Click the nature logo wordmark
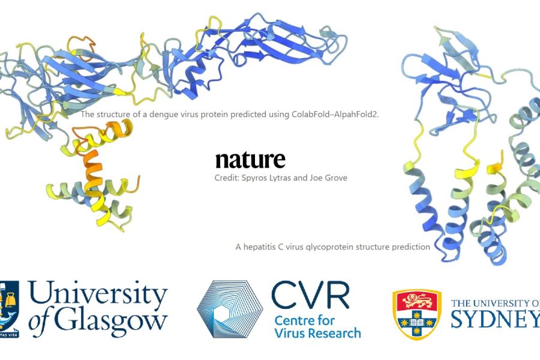[x=250, y=160]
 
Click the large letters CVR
[x=310, y=296]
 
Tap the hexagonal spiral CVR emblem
[x=230, y=309]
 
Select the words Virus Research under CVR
[x=317, y=333]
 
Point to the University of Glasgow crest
[x=9, y=309]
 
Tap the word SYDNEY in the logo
[x=495, y=319]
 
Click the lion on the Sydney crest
[x=417, y=301]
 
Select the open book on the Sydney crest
[x=417, y=323]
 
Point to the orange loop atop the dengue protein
[x=81, y=47]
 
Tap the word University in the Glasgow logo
[x=98, y=292]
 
